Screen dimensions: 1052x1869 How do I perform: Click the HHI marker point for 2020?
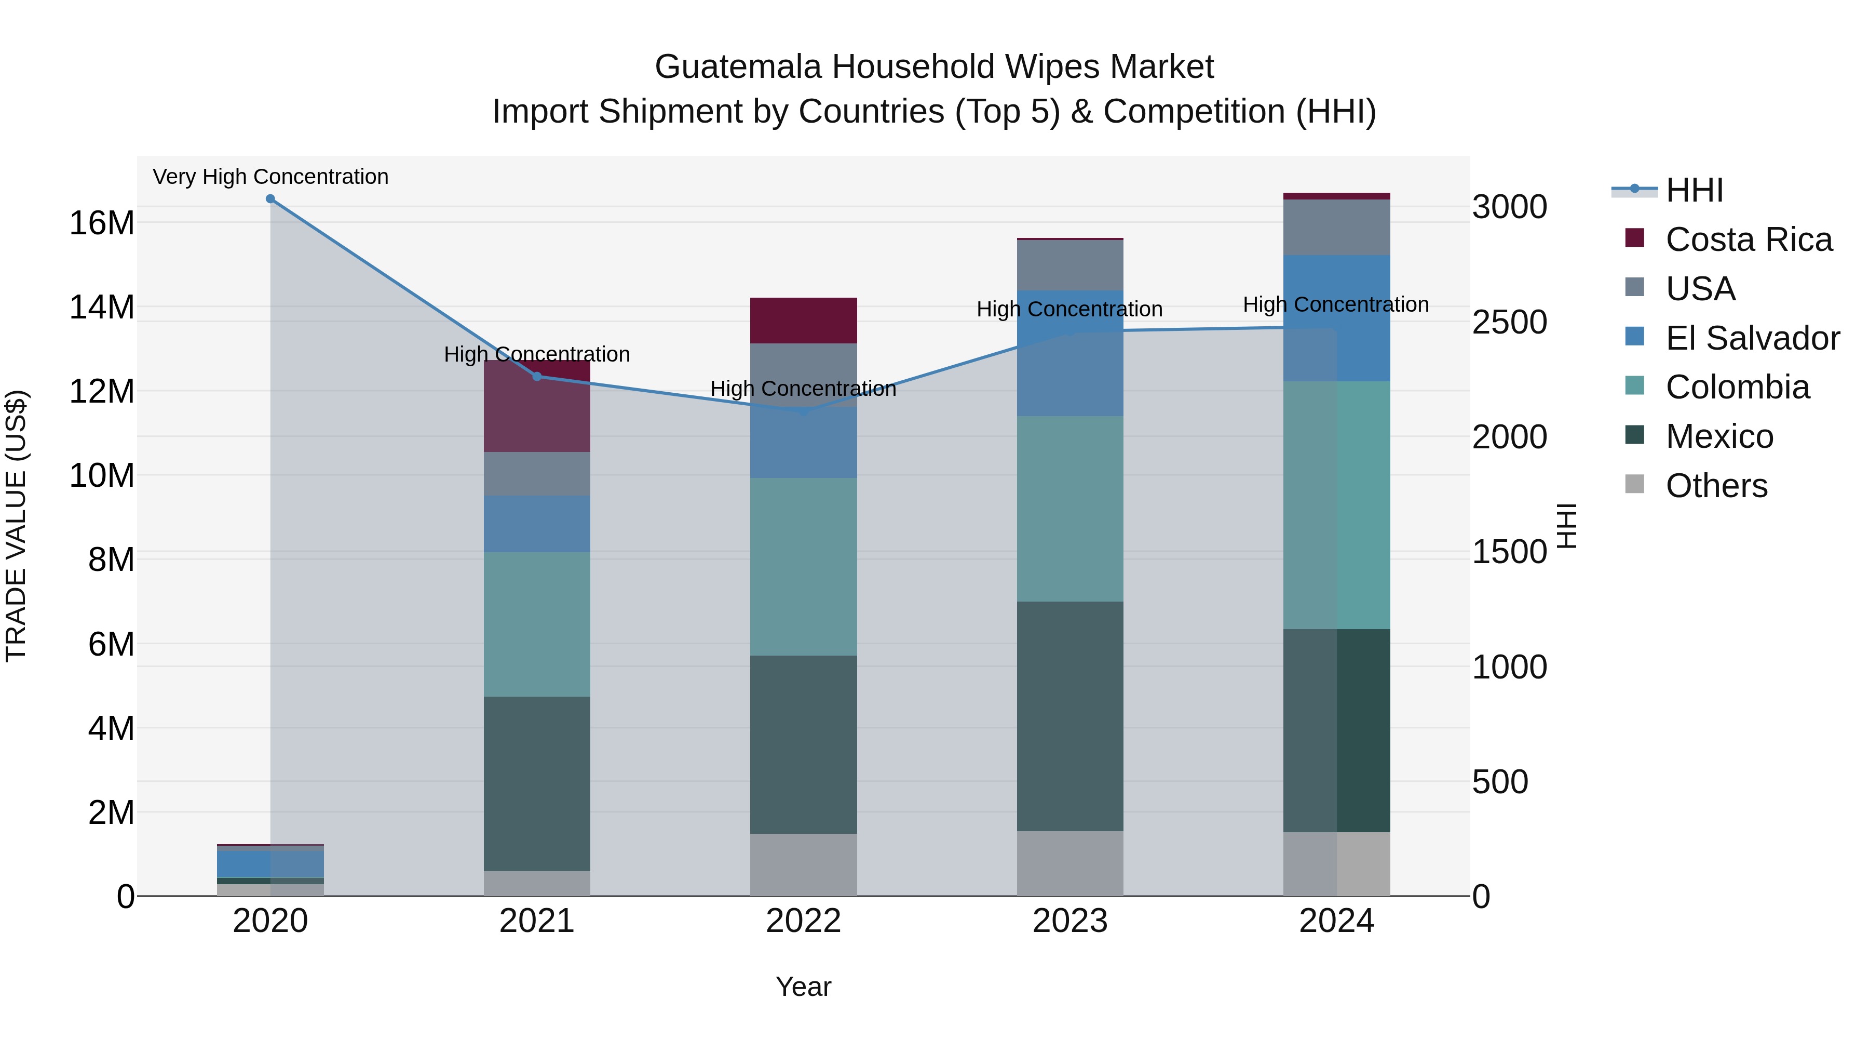point(270,199)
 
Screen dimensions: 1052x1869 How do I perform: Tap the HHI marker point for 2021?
point(537,376)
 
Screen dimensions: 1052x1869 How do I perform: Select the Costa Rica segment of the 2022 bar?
point(803,320)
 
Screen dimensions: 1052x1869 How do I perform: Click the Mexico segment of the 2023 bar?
point(1069,716)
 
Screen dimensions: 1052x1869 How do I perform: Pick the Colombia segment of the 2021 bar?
point(537,624)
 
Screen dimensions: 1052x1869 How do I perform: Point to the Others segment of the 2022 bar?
point(803,864)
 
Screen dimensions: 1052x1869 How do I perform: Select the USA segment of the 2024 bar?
point(1336,227)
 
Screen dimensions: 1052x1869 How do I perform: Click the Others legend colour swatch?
point(1635,484)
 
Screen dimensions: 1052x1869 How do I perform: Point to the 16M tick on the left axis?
point(102,223)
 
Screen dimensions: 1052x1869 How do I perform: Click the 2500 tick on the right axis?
point(1509,322)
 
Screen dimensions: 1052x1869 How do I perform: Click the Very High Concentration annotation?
point(270,177)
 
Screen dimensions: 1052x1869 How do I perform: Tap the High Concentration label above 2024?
point(1336,305)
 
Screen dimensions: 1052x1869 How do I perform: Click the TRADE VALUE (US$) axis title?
point(16,526)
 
